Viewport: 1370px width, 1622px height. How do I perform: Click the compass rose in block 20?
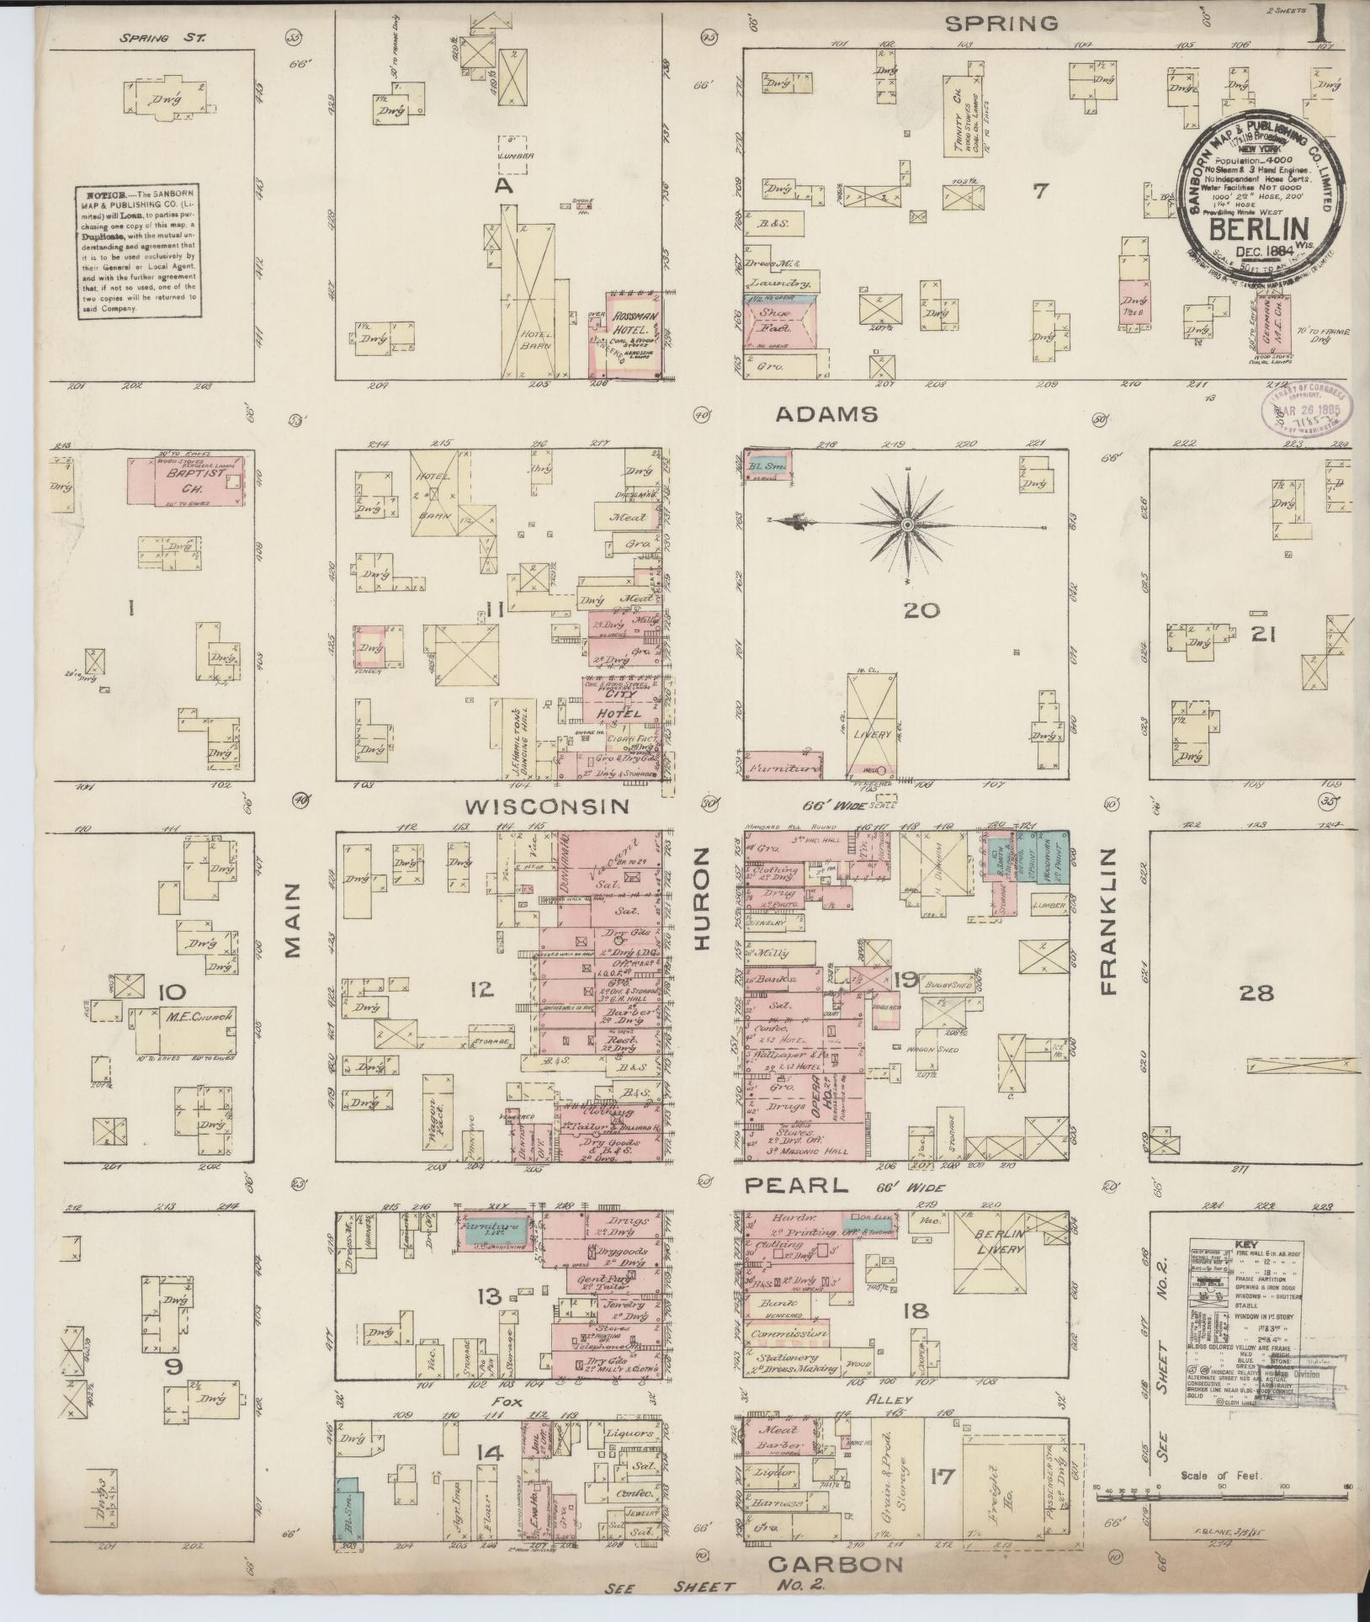(907, 524)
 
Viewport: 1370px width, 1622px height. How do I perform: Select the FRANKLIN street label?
(1107, 922)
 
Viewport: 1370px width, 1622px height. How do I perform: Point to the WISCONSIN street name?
(547, 806)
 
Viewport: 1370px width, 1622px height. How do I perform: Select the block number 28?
(1256, 993)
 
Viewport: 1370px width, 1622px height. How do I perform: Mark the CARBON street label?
(836, 1563)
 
